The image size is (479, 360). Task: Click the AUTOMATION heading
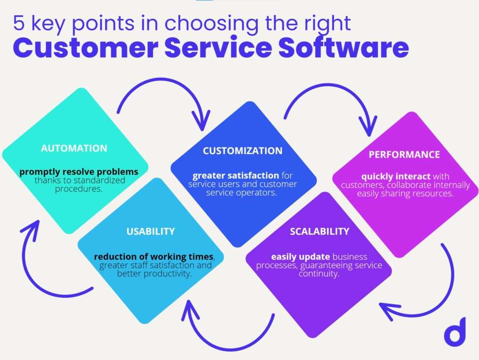(x=74, y=148)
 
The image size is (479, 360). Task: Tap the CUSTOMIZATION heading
(x=243, y=151)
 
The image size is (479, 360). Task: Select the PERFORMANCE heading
(x=404, y=154)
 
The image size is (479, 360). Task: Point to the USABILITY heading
(x=151, y=231)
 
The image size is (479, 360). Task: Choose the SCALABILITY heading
(x=319, y=231)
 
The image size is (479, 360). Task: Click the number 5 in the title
(x=19, y=23)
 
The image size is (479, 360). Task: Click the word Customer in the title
(x=86, y=48)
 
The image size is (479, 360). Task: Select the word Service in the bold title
(x=218, y=48)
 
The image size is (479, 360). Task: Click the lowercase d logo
(x=455, y=332)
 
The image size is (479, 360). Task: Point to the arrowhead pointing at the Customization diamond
(x=201, y=120)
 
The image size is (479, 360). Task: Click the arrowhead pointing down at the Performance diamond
(x=369, y=126)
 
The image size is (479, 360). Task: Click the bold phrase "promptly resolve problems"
(x=79, y=172)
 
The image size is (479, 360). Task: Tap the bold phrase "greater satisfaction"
(x=236, y=176)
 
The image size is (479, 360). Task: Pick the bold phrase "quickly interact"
(x=396, y=176)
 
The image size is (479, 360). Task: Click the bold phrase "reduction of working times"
(x=153, y=257)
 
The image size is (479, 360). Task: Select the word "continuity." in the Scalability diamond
(x=319, y=273)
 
